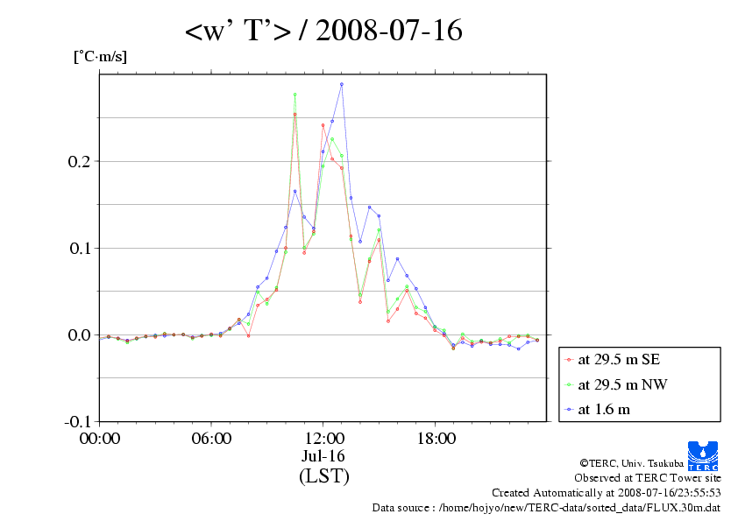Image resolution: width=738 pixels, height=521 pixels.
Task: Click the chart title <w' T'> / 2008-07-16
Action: tap(323, 32)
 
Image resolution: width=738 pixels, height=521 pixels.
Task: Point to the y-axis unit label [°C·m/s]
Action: tap(100, 57)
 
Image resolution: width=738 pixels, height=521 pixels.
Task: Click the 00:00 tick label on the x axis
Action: tap(100, 438)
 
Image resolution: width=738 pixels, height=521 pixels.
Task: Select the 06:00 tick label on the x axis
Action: tap(211, 438)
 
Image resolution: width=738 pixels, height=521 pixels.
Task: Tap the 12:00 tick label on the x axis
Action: tap(323, 438)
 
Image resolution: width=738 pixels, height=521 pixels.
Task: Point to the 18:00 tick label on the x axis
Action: tap(436, 438)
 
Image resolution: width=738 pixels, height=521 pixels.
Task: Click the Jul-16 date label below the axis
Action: tap(323, 456)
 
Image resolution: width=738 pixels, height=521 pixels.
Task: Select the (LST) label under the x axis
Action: tap(323, 477)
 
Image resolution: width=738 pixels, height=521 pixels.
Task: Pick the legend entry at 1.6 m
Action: tap(605, 408)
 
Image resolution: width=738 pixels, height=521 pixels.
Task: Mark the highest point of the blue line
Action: tap(342, 84)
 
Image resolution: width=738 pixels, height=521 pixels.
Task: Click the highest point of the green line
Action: tap(295, 95)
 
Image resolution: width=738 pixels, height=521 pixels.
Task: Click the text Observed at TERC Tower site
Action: tap(647, 478)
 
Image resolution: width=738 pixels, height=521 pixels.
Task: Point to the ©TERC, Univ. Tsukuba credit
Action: tap(649, 463)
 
